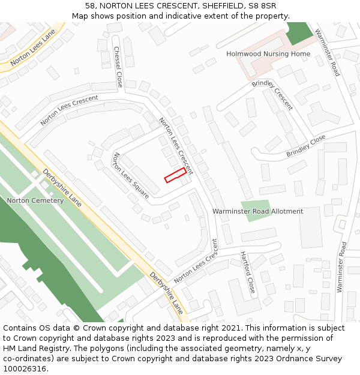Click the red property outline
pyautogui.click(x=175, y=175)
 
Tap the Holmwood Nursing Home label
pyautogui.click(x=268, y=54)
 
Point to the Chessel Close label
pyautogui.click(x=118, y=65)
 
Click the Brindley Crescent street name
pyautogui.click(x=272, y=94)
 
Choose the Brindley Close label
pyautogui.click(x=305, y=146)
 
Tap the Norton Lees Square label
pyautogui.click(x=131, y=176)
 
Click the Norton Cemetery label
pyautogui.click(x=35, y=200)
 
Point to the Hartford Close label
pyautogui.click(x=248, y=272)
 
